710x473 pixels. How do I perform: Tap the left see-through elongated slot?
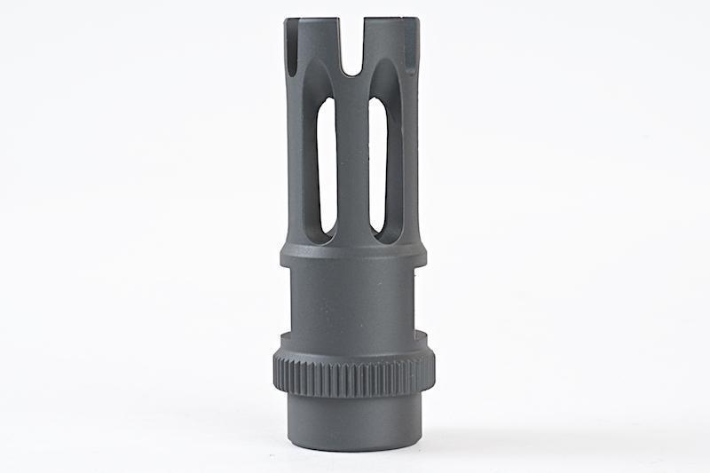point(327,164)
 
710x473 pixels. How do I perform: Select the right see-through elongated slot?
point(378,164)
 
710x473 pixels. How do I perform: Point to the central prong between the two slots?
point(352,160)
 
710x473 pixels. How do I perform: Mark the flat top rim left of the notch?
point(314,20)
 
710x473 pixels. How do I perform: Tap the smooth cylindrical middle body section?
point(352,302)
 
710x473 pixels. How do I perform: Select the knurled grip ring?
point(352,376)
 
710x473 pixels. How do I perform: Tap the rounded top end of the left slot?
point(327,105)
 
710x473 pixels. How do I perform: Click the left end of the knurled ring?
point(278,374)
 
